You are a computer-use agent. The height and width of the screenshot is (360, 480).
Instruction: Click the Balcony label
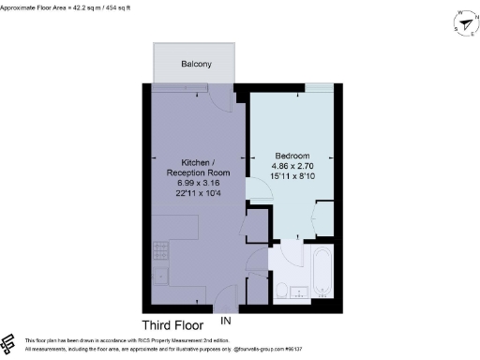point(196,65)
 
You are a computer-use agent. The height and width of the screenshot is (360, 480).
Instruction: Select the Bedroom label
point(292,155)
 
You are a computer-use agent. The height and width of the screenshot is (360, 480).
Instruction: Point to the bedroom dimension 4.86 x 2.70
point(292,165)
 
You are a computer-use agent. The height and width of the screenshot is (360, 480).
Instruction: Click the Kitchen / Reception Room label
point(193,167)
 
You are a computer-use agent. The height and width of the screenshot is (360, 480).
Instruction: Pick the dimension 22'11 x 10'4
point(193,190)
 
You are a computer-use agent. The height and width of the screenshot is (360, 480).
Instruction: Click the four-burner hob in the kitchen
point(158,251)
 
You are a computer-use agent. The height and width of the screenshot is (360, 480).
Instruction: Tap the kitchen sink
point(158,276)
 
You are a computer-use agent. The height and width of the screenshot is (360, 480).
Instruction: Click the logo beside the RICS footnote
point(9,343)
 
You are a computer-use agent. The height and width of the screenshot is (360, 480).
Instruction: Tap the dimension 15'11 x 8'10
point(292,176)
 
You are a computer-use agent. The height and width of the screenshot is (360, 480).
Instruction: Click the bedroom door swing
point(258,187)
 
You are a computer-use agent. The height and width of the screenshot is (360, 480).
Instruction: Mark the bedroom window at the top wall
point(319,86)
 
